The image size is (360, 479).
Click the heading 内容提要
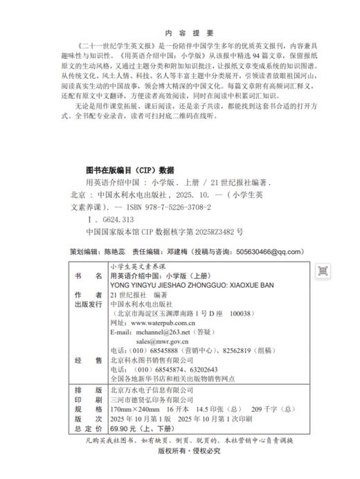tap(180, 33)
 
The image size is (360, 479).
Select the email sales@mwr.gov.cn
tap(163, 342)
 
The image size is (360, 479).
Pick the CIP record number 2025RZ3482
tap(215, 232)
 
